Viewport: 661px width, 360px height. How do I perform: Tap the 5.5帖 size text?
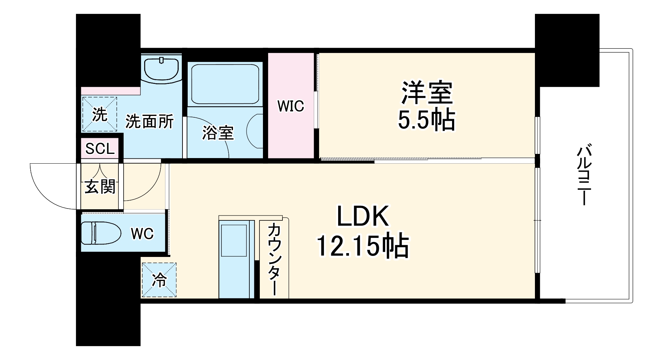coord(426,120)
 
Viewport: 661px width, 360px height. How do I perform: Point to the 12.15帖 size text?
coord(362,246)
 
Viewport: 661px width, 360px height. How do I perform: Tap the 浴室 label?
coord(218,133)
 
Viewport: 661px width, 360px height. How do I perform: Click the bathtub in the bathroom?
coord(225,84)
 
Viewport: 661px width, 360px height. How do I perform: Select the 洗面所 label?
coord(149,122)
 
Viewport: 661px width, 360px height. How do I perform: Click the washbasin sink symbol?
coord(162,69)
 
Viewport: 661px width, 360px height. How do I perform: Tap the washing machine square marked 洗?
coord(100,114)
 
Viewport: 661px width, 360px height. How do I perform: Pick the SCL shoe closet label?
coord(100,149)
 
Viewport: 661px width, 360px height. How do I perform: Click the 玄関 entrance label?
coord(100,187)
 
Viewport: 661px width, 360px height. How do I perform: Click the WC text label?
coord(142,234)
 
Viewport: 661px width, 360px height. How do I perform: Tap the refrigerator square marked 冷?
coord(159,280)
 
